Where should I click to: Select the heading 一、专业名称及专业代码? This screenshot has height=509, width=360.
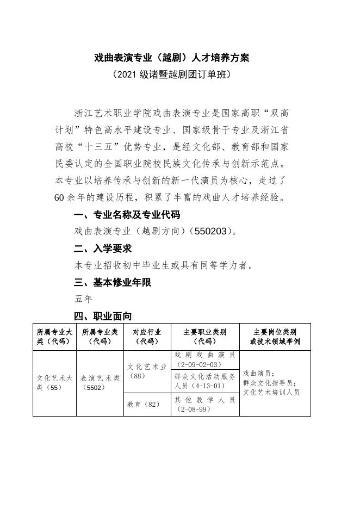click(x=127, y=214)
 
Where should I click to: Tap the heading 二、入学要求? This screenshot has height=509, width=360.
click(x=103, y=249)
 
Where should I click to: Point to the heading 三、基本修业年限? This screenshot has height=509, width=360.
click(x=113, y=282)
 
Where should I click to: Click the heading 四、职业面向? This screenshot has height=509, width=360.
click(x=103, y=316)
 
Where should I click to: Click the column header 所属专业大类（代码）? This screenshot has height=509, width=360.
click(x=54, y=337)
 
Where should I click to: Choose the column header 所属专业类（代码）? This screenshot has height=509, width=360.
click(x=100, y=337)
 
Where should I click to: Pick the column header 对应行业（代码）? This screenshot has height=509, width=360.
click(x=147, y=337)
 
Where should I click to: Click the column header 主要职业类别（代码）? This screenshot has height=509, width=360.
click(x=205, y=337)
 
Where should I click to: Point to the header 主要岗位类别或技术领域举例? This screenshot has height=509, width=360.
click(x=275, y=337)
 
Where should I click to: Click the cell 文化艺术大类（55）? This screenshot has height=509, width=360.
click(x=54, y=383)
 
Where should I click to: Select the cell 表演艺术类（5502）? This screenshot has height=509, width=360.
click(x=100, y=383)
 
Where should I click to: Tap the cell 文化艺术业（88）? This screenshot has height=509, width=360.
click(x=147, y=371)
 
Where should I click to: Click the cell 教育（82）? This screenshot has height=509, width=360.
click(x=144, y=404)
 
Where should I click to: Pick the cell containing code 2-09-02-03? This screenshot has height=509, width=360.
click(x=205, y=359)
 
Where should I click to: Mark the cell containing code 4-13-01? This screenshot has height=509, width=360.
click(x=205, y=381)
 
